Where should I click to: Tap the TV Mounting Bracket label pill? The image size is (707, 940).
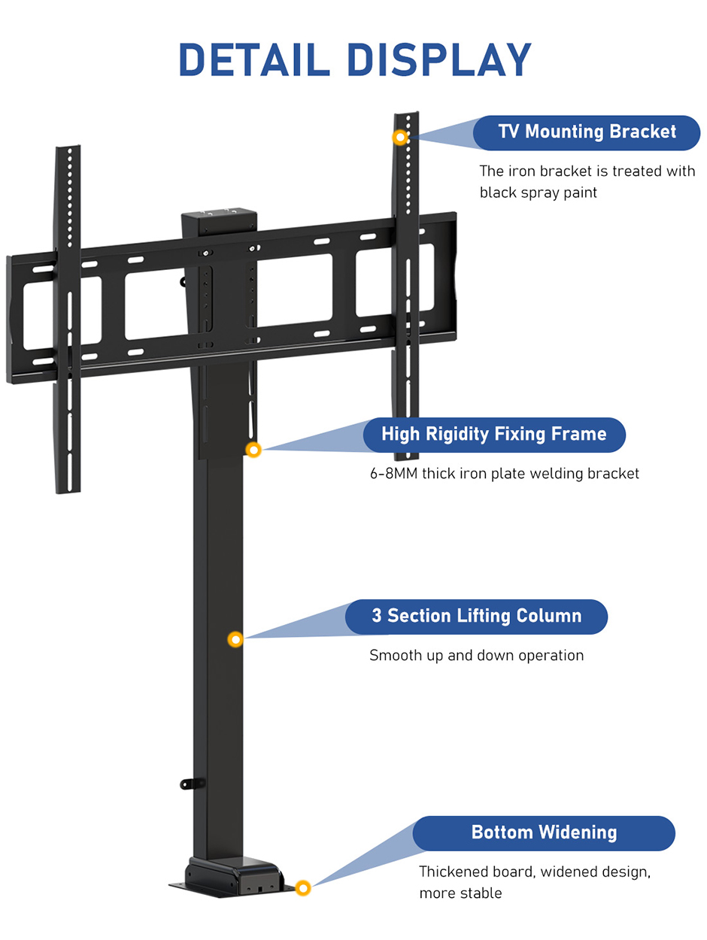(x=587, y=132)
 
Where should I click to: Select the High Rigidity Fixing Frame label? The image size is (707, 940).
(x=493, y=435)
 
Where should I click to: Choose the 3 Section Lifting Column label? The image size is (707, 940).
(x=476, y=617)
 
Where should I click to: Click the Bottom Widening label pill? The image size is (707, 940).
(x=544, y=833)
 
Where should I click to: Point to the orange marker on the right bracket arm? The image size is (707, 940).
(x=401, y=137)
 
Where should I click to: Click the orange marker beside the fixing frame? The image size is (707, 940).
(x=254, y=450)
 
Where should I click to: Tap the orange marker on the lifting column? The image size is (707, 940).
(x=235, y=639)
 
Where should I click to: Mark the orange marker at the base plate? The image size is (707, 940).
(x=303, y=888)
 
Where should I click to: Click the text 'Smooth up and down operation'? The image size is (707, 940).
(x=476, y=656)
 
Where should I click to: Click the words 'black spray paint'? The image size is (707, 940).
(x=539, y=193)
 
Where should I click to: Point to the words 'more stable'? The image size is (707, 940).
(x=460, y=893)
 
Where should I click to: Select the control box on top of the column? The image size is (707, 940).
(x=220, y=219)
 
